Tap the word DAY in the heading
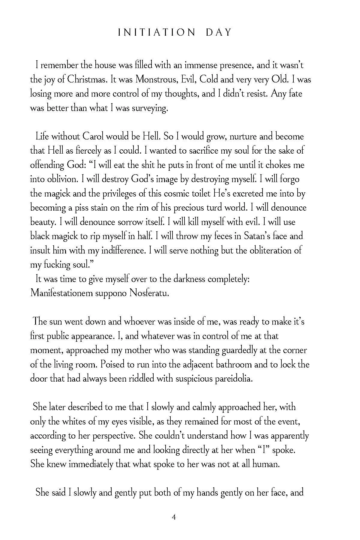pos(219,32)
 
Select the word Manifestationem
pos(61,293)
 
